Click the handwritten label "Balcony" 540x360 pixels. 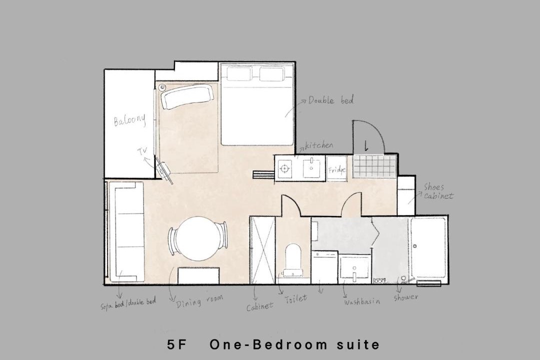(x=130, y=120)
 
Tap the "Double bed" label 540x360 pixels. (x=331, y=100)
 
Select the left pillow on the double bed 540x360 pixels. (x=238, y=74)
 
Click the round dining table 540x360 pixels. (x=197, y=238)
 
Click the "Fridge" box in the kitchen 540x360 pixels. (x=337, y=169)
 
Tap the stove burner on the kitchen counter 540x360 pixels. (x=284, y=168)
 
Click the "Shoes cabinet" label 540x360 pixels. (x=438, y=191)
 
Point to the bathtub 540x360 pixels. (x=428, y=247)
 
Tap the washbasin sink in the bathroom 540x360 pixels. (x=354, y=267)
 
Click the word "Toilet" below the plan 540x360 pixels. (x=296, y=298)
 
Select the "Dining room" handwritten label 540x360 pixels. (x=199, y=301)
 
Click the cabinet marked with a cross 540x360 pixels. (x=263, y=250)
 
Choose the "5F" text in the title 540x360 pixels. (x=176, y=344)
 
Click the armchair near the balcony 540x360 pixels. (x=187, y=96)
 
